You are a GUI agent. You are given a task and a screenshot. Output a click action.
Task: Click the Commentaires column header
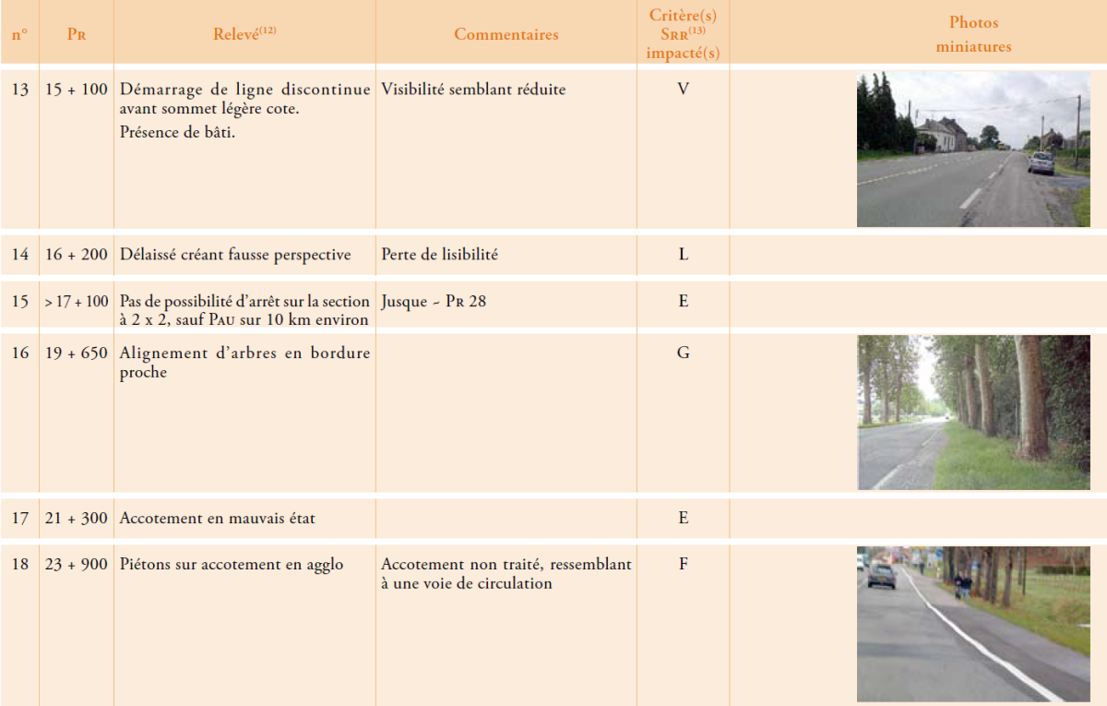pos(506,34)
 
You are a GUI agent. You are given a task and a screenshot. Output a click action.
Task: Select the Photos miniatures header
pos(973,34)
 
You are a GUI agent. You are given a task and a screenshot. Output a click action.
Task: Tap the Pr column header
pos(77,34)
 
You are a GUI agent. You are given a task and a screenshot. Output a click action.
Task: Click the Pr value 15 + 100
pos(77,90)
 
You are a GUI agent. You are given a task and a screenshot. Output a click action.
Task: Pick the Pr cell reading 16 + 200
pos(77,255)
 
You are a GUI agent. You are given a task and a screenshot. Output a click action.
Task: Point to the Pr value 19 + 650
pos(77,353)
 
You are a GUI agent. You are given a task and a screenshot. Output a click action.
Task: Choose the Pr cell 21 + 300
pos(77,519)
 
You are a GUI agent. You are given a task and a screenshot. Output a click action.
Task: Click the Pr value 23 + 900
pos(77,565)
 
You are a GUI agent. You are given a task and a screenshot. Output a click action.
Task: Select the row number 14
pos(20,255)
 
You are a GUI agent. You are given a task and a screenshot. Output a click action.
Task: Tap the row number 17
pos(20,519)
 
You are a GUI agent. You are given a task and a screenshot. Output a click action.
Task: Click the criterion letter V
pos(684,90)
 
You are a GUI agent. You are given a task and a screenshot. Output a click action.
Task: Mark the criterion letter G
pos(684,353)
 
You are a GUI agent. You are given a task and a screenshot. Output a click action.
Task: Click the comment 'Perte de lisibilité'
pos(439,255)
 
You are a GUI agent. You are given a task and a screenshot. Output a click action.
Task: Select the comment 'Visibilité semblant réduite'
pos(473,90)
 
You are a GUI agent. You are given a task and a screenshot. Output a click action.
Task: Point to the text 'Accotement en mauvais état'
pos(218,519)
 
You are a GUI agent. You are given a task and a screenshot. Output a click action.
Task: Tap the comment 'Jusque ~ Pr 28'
pos(434,301)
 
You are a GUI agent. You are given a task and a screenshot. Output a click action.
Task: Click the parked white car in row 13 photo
pos(1041,163)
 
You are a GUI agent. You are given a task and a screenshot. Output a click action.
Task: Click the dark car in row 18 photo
pos(880,576)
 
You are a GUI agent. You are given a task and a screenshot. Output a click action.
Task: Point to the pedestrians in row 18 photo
pos(961,584)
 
